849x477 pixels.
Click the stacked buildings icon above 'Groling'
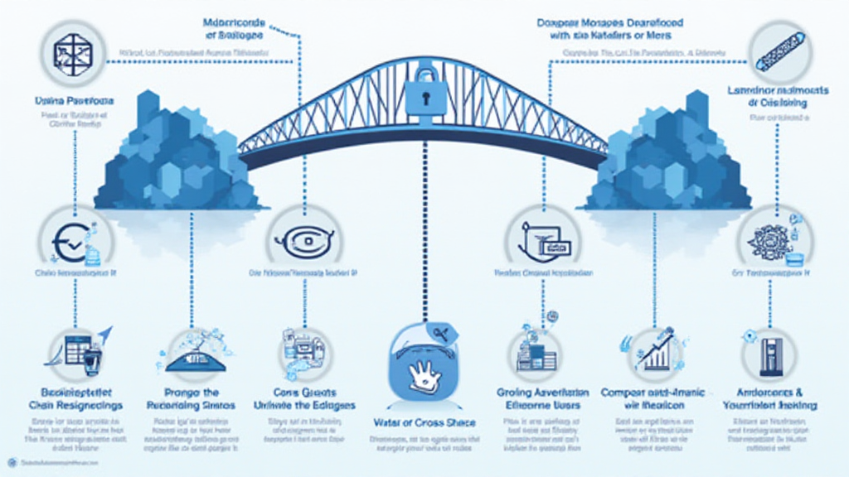pyautogui.click(x=533, y=352)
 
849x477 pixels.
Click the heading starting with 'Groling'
pyautogui.click(x=542, y=392)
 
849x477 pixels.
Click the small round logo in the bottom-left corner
pyautogui.click(x=11, y=461)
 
